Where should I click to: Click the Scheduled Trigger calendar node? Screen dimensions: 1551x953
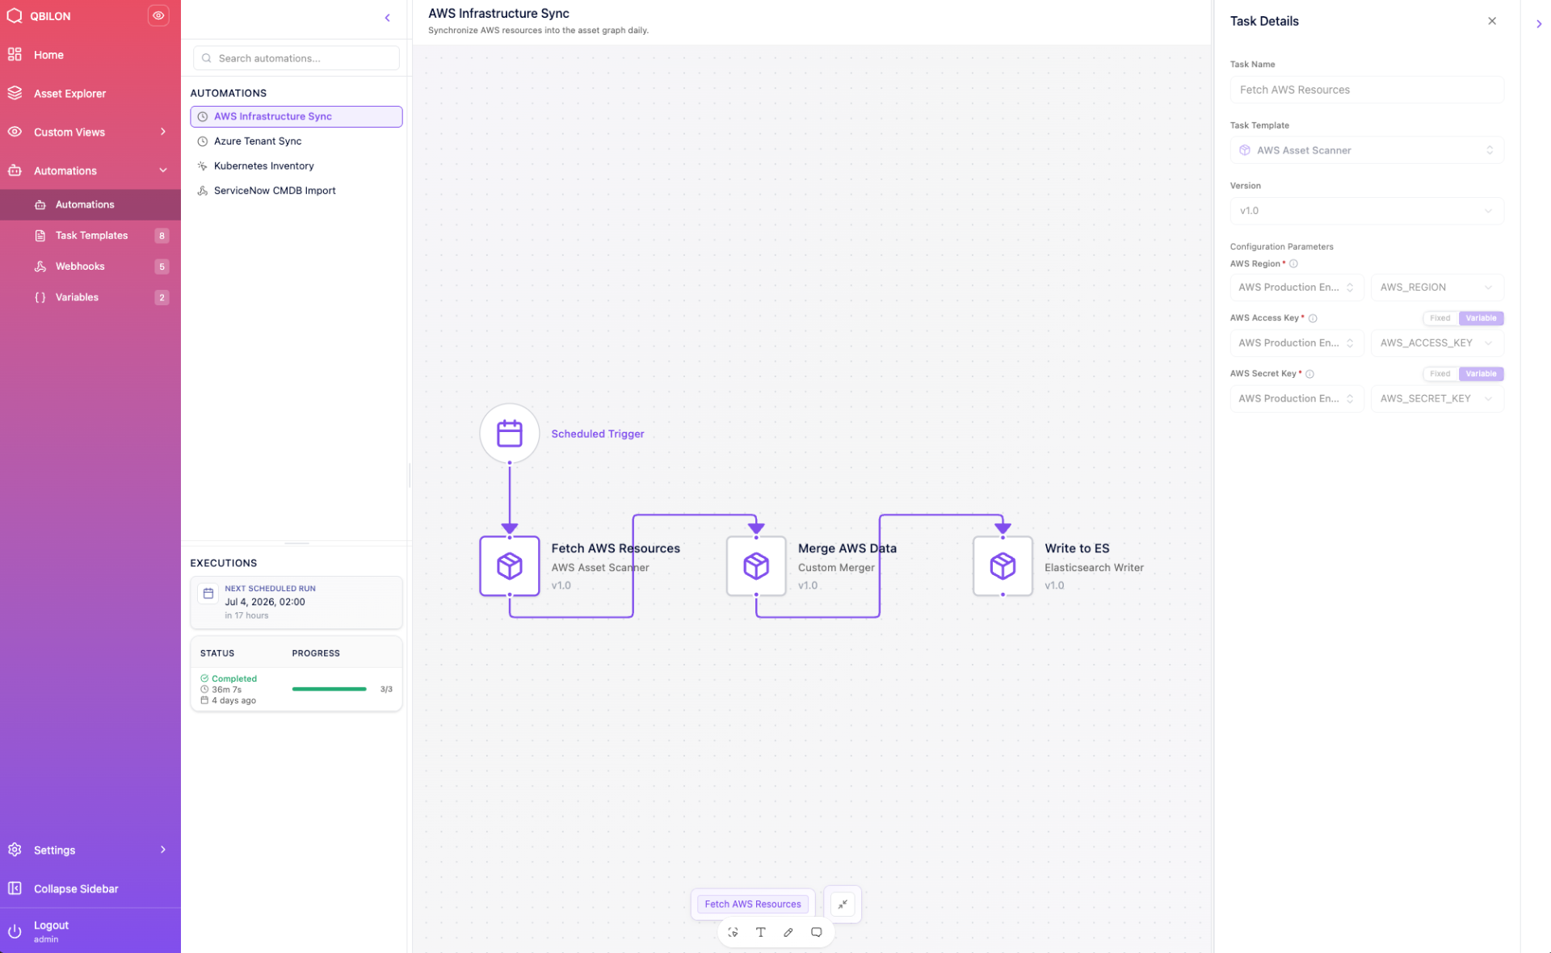coord(509,434)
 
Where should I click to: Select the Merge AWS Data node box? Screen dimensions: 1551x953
coord(756,566)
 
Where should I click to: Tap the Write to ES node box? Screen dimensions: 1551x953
coord(1002,566)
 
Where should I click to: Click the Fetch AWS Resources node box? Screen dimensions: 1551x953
coord(509,566)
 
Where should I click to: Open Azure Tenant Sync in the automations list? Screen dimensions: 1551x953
coord(257,141)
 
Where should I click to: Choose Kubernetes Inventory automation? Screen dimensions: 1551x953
coord(263,166)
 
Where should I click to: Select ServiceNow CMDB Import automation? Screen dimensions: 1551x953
coord(275,191)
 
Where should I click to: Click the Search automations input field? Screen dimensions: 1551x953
coord(296,58)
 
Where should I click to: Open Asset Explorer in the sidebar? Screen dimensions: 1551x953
coord(69,94)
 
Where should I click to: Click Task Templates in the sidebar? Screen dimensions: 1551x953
coord(91,236)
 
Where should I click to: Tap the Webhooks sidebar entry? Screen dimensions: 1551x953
coord(80,267)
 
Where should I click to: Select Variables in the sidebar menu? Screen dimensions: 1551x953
coord(77,297)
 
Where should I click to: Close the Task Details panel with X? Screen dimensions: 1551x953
coord(1492,21)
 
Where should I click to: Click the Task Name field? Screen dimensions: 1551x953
coord(1367,90)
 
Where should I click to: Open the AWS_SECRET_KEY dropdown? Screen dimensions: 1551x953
coord(1437,399)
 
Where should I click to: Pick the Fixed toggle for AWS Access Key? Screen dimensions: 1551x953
coord(1440,318)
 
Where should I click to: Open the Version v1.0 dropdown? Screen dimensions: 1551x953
coord(1367,211)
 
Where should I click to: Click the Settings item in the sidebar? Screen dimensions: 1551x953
coord(54,850)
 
